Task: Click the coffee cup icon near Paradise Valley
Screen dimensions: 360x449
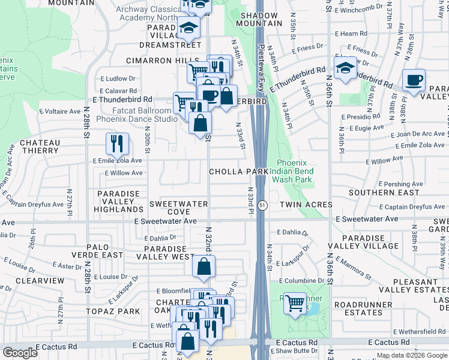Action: click(x=414, y=80)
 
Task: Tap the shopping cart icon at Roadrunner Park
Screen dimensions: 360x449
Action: click(x=294, y=304)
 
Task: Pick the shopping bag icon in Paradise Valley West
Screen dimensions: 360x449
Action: click(x=204, y=267)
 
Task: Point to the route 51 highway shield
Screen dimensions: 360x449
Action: click(x=263, y=205)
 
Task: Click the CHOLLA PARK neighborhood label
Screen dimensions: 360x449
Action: click(x=238, y=172)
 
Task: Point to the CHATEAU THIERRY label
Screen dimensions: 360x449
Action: click(x=40, y=147)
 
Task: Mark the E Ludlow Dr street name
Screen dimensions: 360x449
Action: click(x=118, y=79)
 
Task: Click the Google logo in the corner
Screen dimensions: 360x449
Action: click(x=20, y=353)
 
